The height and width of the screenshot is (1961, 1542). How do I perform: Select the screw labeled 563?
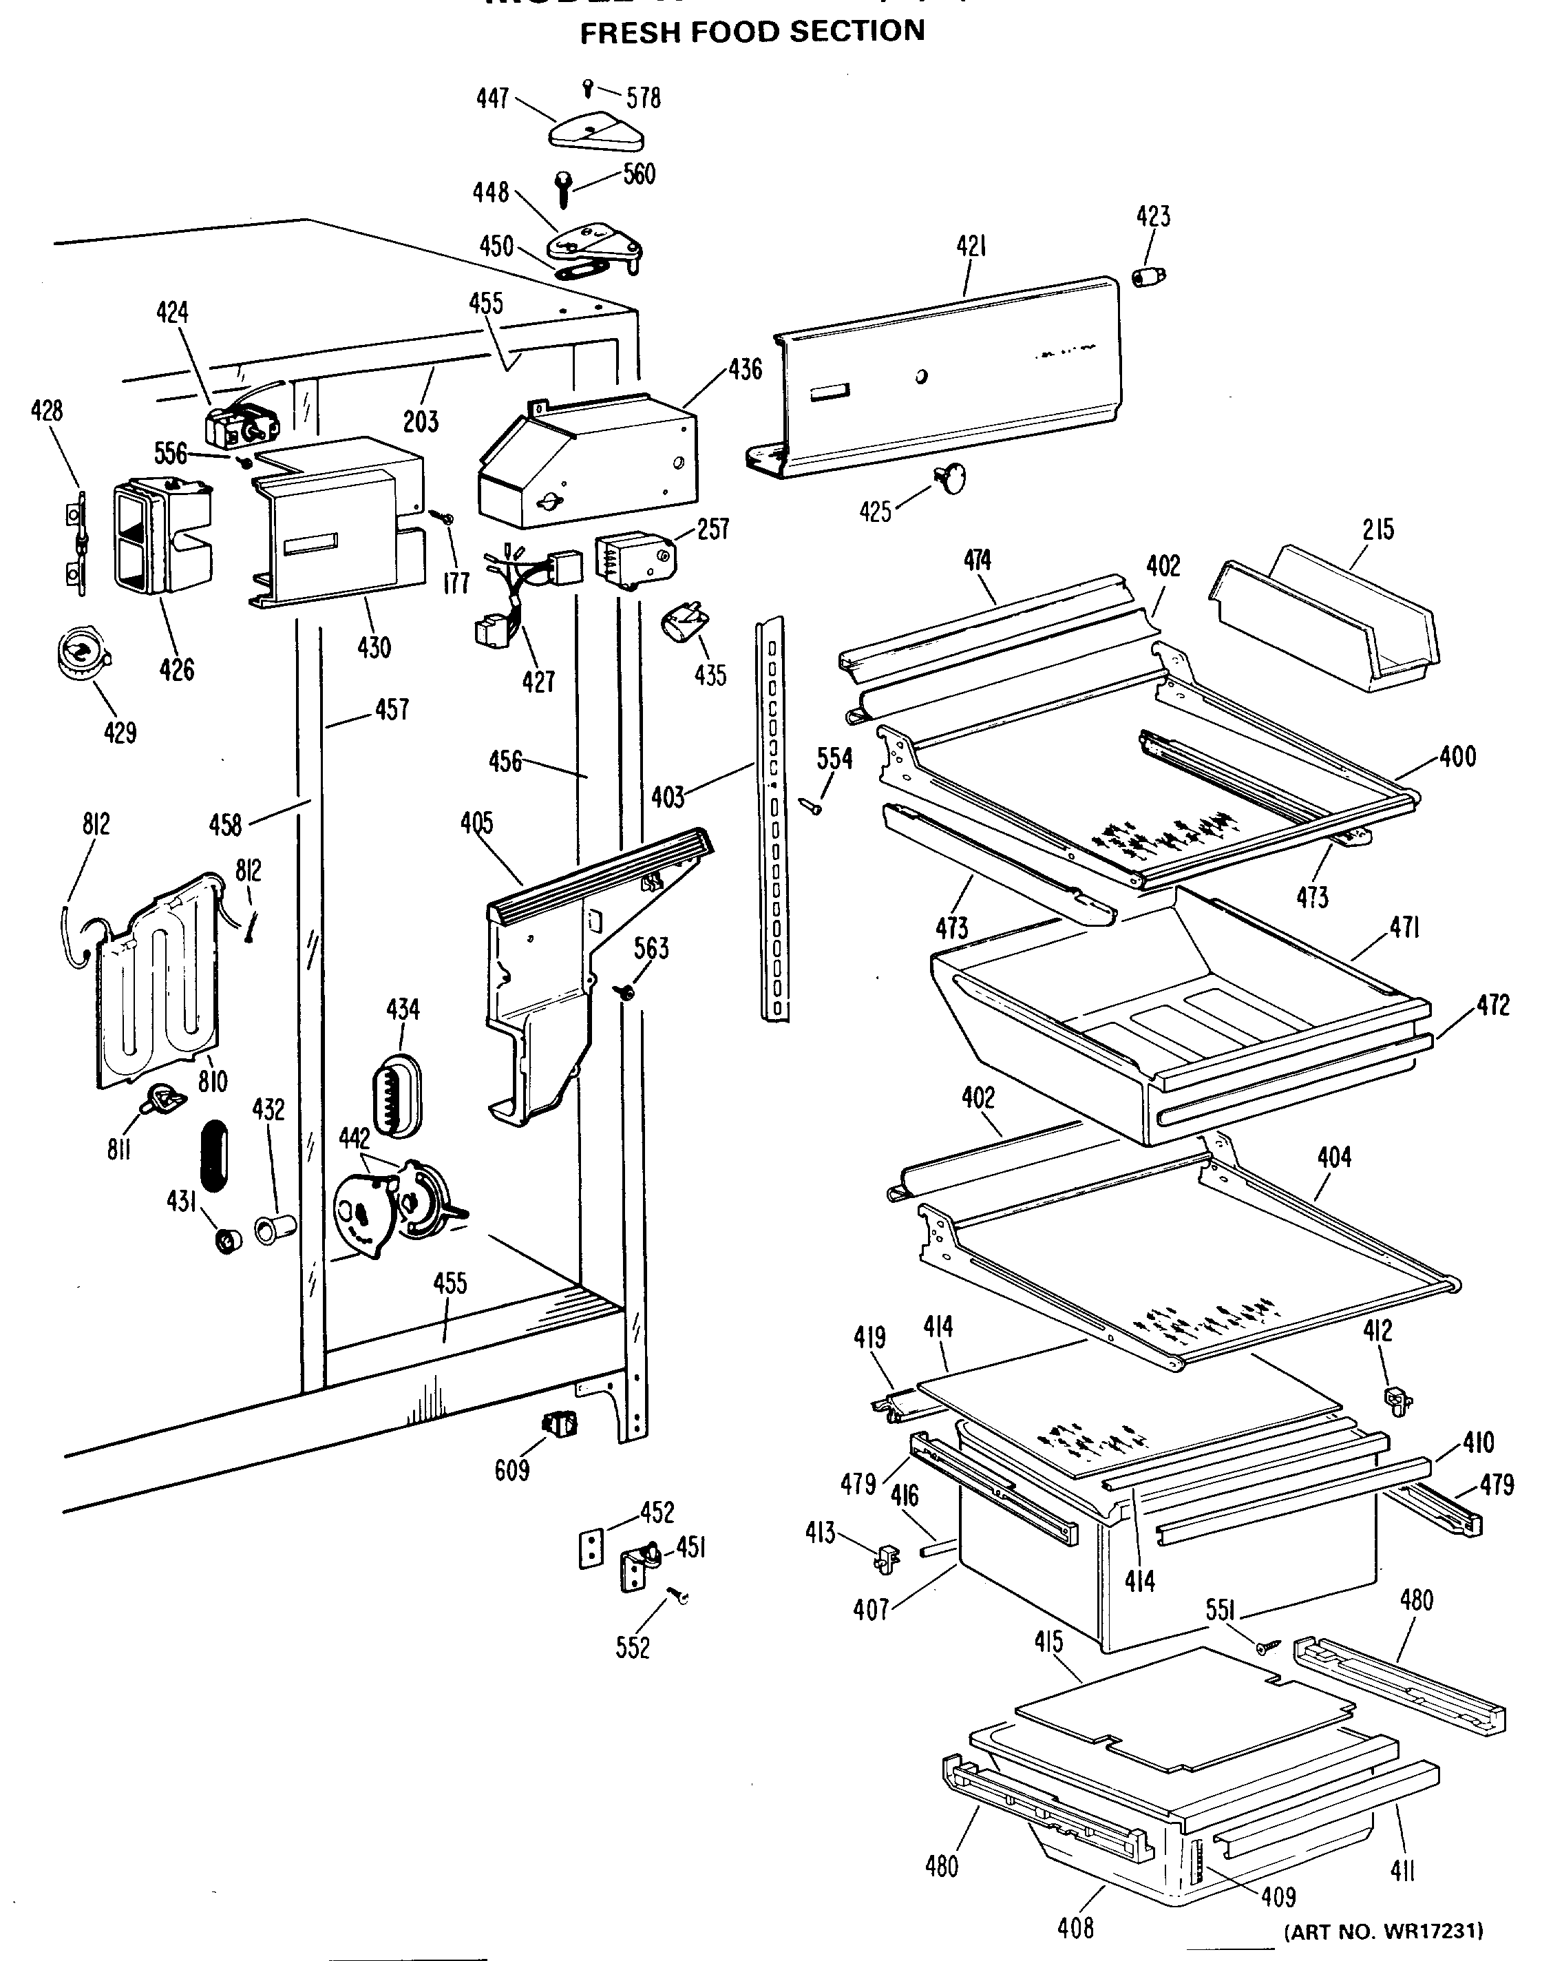[x=625, y=992]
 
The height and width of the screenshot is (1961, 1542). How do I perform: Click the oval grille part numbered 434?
[x=395, y=1093]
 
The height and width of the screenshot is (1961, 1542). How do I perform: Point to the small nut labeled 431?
[x=226, y=1241]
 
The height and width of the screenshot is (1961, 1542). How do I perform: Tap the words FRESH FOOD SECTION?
[x=752, y=32]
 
